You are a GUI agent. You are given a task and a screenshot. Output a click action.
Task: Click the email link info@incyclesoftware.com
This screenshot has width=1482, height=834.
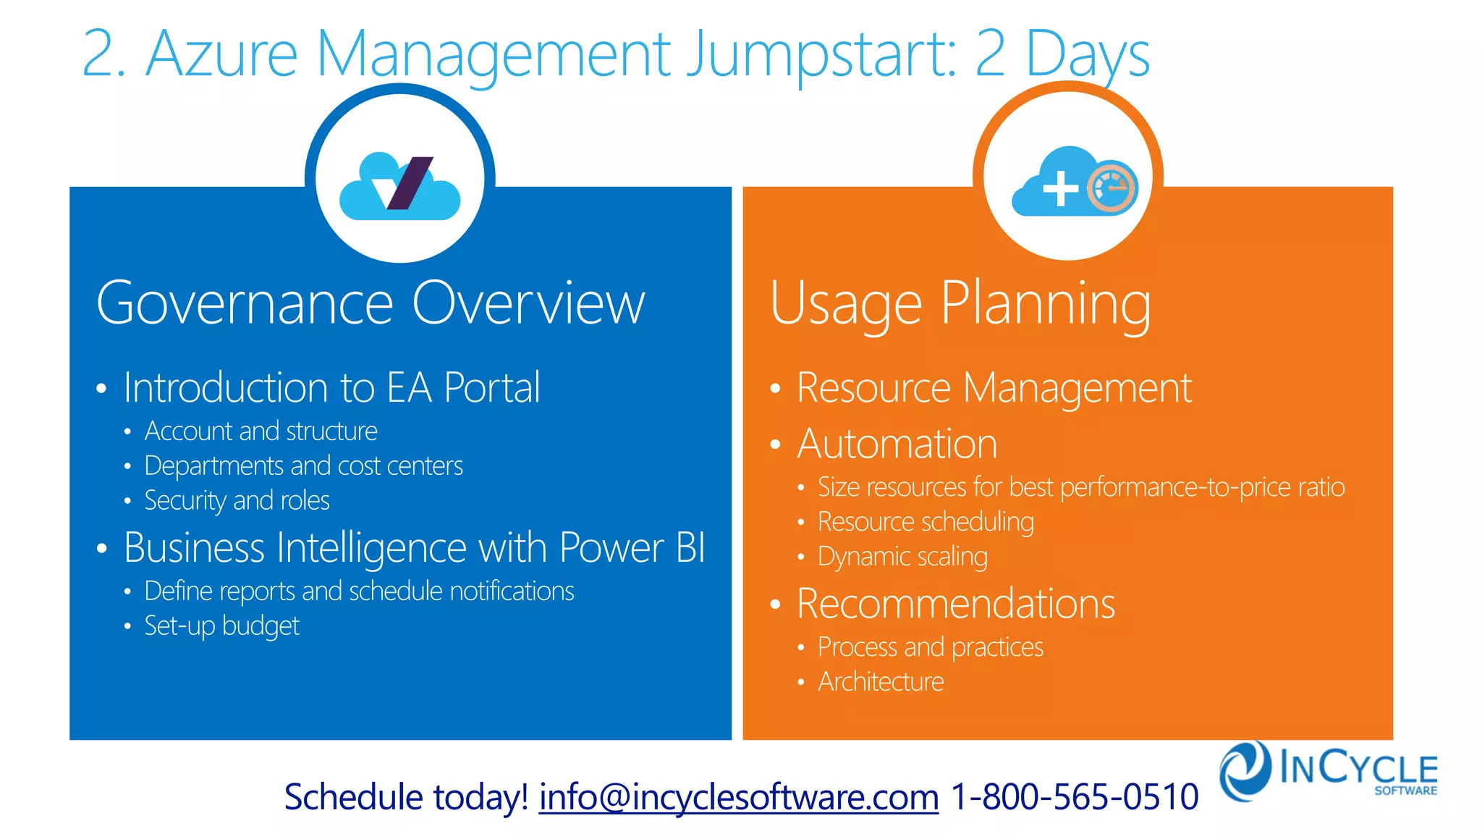pos(738,797)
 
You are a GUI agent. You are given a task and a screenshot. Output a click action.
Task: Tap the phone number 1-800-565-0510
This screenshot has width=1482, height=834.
pos(1074,797)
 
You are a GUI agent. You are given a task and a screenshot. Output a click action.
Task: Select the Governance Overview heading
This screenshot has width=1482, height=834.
pos(370,303)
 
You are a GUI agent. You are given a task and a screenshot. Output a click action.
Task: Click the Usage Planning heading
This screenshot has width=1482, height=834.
pos(960,305)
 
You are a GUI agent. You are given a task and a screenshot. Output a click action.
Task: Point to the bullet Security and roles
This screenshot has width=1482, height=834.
pos(237,501)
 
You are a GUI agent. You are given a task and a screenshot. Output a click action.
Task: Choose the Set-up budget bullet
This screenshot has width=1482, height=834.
pos(221,626)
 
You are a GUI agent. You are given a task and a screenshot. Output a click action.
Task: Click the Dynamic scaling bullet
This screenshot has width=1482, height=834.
pos(902,557)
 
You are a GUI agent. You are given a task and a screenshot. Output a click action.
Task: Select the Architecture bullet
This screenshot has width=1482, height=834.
pos(881,682)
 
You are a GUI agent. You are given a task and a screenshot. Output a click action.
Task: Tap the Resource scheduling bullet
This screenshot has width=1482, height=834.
pos(926,522)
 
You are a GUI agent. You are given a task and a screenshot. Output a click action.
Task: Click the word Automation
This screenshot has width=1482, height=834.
pos(897,444)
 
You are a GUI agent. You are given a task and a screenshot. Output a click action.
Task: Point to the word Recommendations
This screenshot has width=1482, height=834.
pos(955,604)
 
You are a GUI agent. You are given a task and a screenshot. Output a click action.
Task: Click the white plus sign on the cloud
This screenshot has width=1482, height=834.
pos(1060,188)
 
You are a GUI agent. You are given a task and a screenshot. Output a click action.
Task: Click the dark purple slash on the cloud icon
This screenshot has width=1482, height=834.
pos(410,183)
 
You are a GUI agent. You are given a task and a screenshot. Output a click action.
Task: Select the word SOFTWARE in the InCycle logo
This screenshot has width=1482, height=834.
pos(1405,791)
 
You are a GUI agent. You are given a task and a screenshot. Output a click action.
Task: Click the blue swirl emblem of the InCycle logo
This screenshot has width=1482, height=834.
pos(1245,770)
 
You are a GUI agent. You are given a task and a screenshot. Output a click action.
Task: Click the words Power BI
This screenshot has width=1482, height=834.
pos(632,548)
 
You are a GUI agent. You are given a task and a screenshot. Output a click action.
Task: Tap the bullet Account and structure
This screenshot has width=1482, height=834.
pos(261,431)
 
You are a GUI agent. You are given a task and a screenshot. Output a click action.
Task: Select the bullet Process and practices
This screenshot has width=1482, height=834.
pos(931,647)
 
